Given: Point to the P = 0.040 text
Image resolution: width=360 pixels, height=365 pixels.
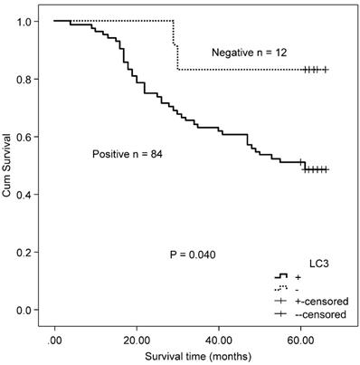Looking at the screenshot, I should coord(192,254).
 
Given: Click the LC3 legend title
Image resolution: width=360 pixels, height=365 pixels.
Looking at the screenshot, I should coord(312,258).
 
